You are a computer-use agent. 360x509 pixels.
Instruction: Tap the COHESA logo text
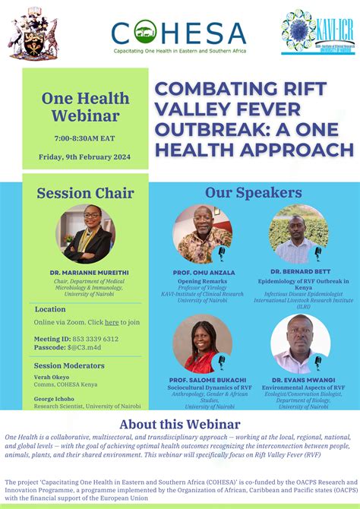tap(179, 33)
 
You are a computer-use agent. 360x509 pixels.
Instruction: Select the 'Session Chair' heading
tap(85, 192)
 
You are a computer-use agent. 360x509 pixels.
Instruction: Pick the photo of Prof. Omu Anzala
tap(202, 233)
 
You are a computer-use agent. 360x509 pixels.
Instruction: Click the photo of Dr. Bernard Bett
tap(298, 233)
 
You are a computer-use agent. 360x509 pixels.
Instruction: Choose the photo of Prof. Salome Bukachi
tap(202, 343)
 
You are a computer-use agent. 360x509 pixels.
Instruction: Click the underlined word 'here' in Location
tap(112, 322)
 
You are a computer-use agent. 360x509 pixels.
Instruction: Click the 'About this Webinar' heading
tap(179, 424)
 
